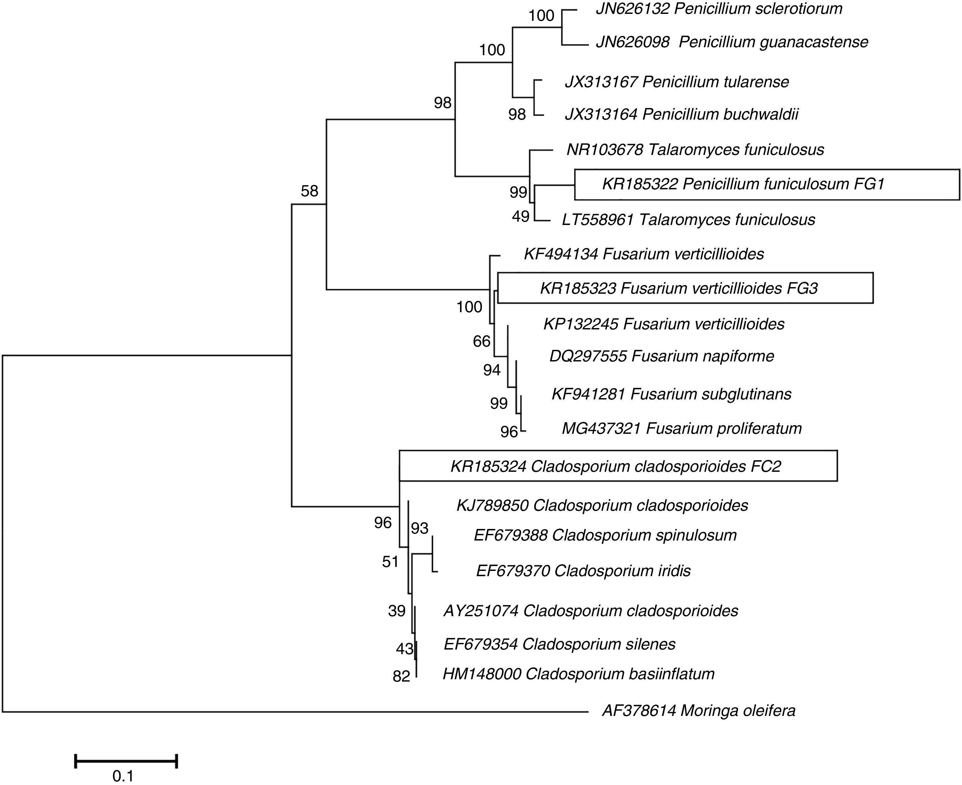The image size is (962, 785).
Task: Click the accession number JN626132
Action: (x=632, y=9)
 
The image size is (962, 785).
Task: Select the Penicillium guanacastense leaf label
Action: (x=732, y=42)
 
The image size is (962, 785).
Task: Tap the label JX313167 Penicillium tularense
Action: (x=676, y=82)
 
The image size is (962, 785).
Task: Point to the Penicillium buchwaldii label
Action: (x=681, y=114)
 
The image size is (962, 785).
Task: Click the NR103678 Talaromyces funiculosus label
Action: (x=695, y=150)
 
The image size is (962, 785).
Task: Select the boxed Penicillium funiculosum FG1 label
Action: (x=743, y=184)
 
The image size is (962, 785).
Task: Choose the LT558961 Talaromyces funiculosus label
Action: (x=688, y=220)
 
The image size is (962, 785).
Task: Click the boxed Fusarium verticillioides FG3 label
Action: (x=679, y=288)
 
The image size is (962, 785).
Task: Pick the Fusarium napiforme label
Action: (x=662, y=356)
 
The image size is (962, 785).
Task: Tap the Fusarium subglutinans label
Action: (x=671, y=394)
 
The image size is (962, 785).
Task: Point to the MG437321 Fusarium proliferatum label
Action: (x=681, y=428)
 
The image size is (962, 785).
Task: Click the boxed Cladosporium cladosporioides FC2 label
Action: (x=616, y=466)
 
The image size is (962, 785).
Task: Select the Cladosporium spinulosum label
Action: (x=605, y=535)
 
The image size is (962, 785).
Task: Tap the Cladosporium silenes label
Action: (x=559, y=644)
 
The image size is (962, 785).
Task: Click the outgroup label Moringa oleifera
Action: (x=698, y=711)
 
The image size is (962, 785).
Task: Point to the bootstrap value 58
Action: (x=309, y=191)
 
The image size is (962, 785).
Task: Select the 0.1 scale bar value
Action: (x=123, y=776)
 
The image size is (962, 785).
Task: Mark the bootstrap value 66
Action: (x=481, y=341)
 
